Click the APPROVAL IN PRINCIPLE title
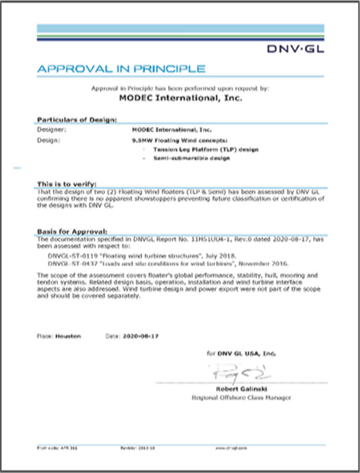pos(121,69)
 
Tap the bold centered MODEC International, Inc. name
pos(180,98)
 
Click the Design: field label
pos(49,140)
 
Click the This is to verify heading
pos(67,184)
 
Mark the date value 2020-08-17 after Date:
pos(140,336)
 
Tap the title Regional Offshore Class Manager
pos(241,398)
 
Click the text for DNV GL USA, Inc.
pos(241,353)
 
